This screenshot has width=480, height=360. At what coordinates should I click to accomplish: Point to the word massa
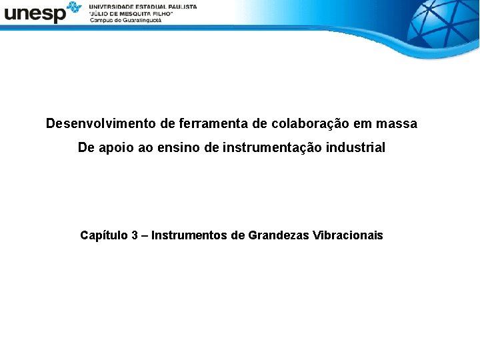(397, 124)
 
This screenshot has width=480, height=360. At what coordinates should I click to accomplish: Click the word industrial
(356, 148)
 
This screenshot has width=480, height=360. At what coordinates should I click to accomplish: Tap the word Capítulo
(104, 235)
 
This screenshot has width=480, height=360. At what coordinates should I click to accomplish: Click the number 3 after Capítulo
(135, 235)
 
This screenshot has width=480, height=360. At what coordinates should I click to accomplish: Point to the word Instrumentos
(189, 235)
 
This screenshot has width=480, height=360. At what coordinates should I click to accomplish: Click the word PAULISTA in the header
(180, 6)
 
